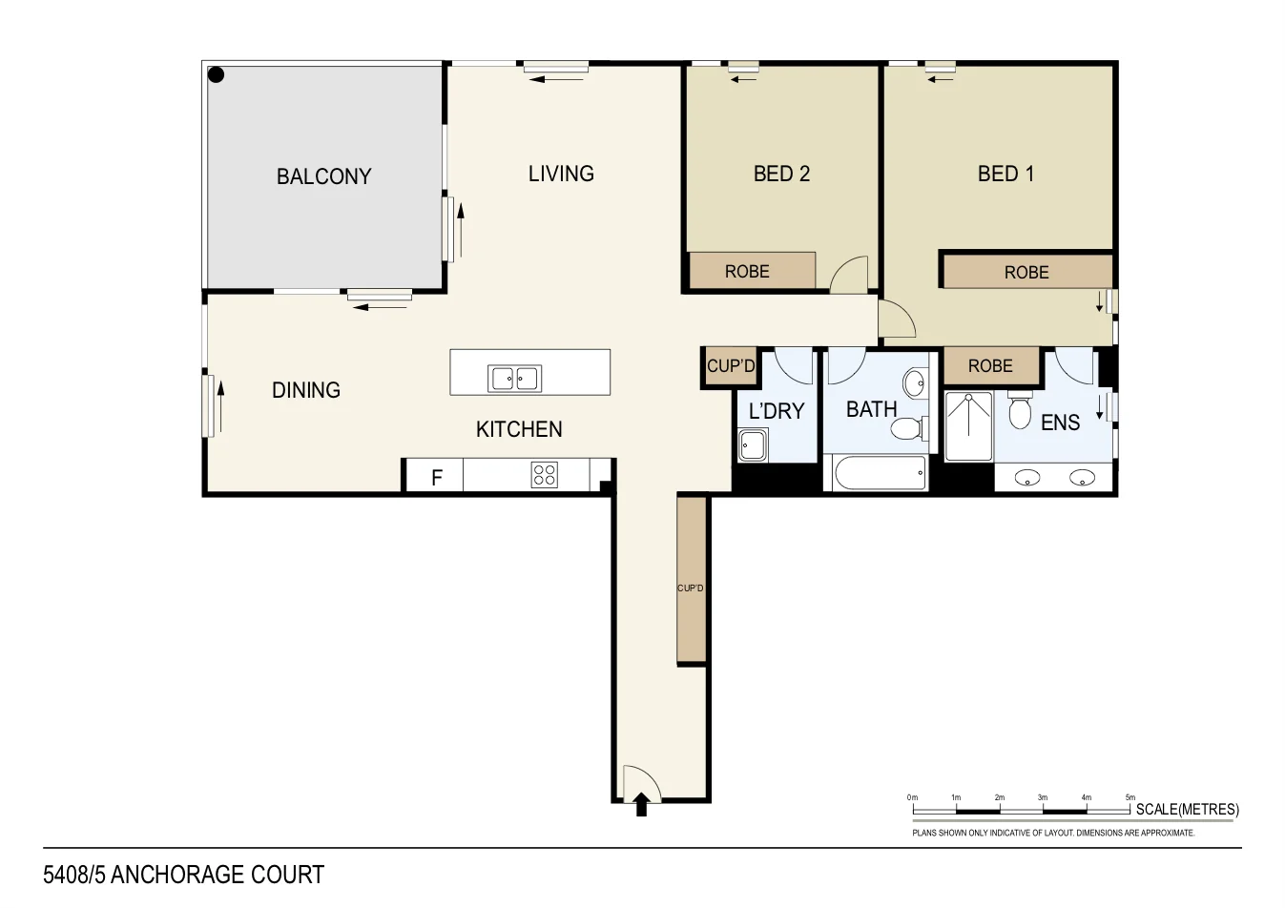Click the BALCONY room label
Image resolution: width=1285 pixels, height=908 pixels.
(x=323, y=176)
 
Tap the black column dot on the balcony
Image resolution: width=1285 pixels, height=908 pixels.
(x=217, y=74)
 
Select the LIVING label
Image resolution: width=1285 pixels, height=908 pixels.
(x=561, y=174)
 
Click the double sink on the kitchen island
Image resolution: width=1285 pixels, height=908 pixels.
(x=515, y=379)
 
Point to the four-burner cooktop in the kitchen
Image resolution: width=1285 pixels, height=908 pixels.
(x=545, y=474)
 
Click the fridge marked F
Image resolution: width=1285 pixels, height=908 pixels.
(x=436, y=476)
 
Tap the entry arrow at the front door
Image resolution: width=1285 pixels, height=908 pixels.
(x=642, y=804)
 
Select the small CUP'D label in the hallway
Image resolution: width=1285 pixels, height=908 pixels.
(x=690, y=588)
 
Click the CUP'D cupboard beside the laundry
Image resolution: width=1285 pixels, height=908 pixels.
(x=731, y=366)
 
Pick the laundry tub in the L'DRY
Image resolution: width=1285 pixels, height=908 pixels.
(x=753, y=444)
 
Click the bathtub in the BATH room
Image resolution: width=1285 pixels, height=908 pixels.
(x=879, y=474)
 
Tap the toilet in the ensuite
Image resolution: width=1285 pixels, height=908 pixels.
(x=1020, y=411)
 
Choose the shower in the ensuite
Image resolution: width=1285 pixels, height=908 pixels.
(x=968, y=426)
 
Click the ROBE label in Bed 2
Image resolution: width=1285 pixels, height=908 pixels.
(x=747, y=272)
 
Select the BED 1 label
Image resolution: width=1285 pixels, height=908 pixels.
(x=1005, y=174)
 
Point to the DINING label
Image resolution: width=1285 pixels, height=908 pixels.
(x=306, y=390)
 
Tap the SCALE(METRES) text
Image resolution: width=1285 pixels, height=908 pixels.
(x=1187, y=810)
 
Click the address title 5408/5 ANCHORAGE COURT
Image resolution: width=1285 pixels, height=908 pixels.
(x=184, y=875)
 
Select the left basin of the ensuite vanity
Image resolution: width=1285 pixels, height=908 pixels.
(x=1027, y=477)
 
